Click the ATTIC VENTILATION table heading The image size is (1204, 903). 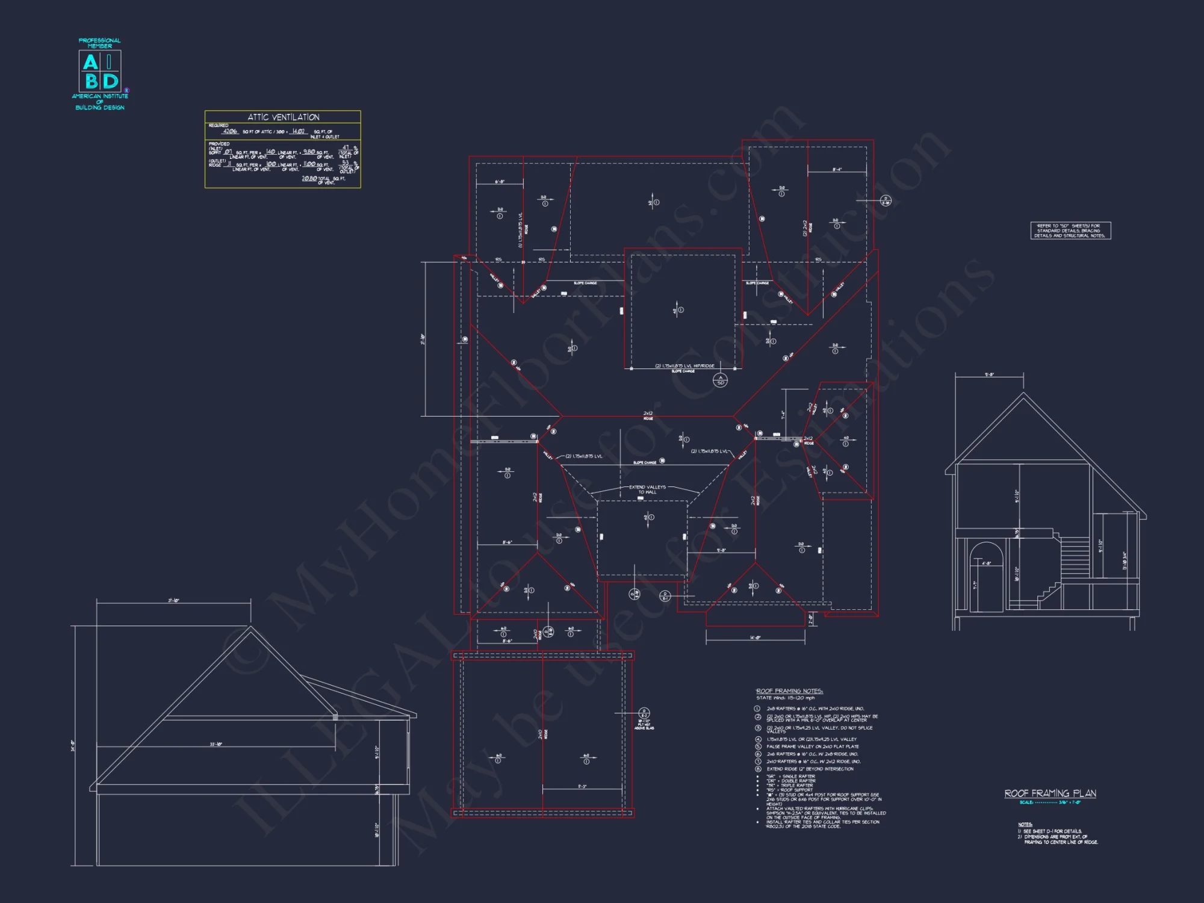tap(283, 117)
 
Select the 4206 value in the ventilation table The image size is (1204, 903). tap(230, 131)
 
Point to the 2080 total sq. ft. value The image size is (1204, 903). tap(309, 179)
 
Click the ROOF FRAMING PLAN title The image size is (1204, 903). tap(1050, 793)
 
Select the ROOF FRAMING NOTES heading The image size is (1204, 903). tap(789, 691)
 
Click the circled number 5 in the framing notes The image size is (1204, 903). tap(758, 746)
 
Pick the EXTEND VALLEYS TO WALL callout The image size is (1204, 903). tap(647, 489)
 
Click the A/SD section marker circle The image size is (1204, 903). tap(720, 380)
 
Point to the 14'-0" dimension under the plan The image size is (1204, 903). tap(755, 638)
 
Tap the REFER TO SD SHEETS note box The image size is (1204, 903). tap(1070, 231)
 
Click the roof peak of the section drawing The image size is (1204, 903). tap(1023, 394)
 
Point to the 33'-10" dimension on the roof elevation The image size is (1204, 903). tap(216, 745)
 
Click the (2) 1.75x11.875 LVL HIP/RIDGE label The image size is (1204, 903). tap(684, 366)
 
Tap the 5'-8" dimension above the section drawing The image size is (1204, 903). tap(989, 374)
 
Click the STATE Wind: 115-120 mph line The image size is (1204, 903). tap(785, 698)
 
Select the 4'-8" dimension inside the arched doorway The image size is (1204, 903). tap(986, 563)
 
